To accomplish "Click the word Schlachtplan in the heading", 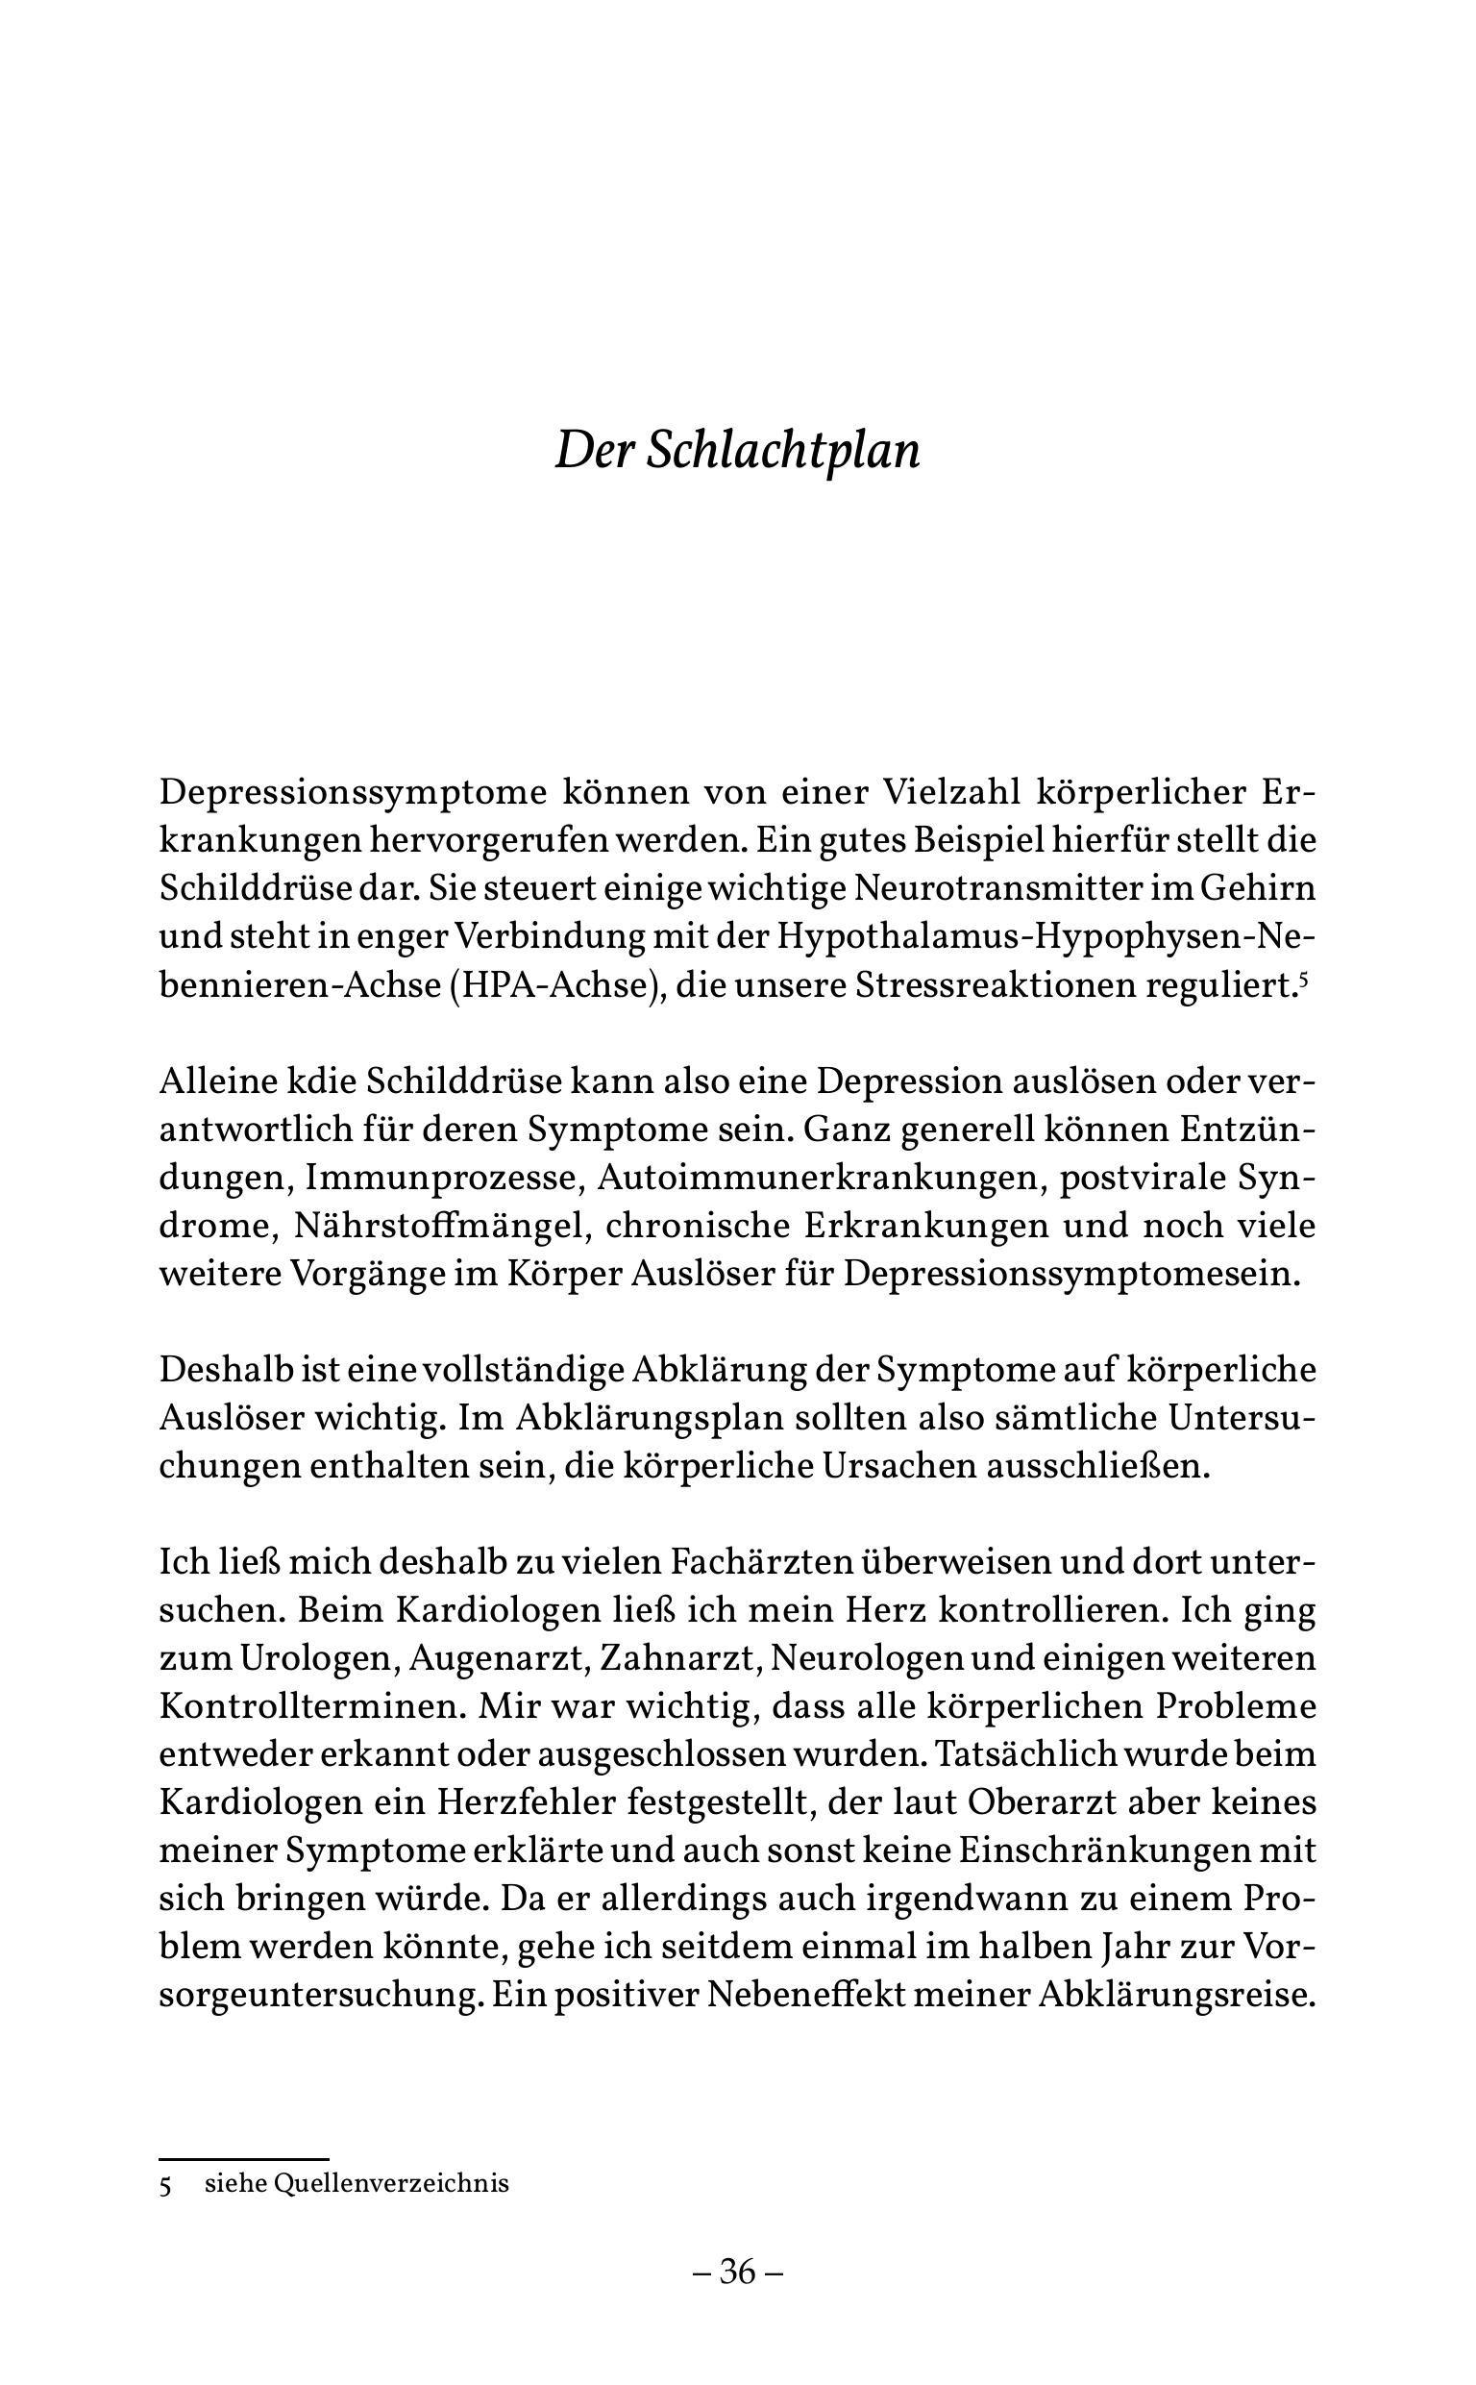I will click(783, 452).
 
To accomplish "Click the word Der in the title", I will click(590, 452).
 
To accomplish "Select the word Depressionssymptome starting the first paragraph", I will click(352, 793).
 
